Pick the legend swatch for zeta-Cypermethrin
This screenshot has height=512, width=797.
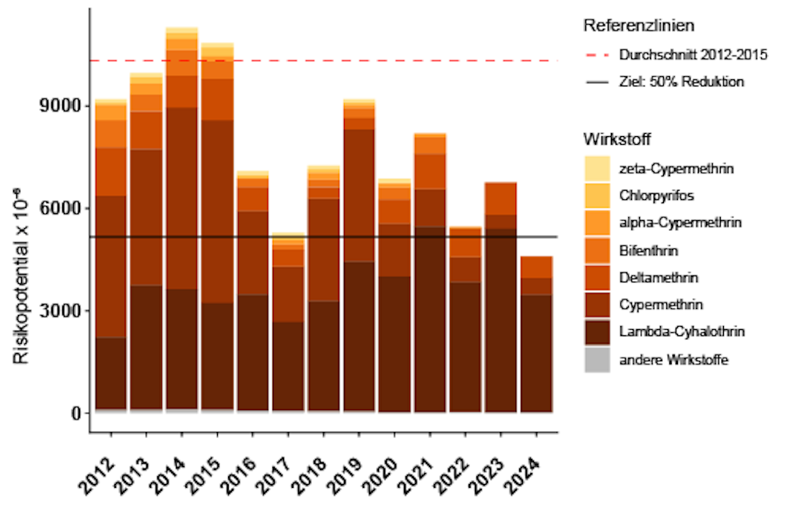597,168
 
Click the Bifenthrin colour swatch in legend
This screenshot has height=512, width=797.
597,250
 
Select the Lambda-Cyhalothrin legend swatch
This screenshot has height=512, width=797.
597,331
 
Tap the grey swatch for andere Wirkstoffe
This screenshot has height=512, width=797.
597,359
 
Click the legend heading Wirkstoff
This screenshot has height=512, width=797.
616,140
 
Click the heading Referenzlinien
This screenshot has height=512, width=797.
638,26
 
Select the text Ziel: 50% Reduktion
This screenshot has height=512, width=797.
681,82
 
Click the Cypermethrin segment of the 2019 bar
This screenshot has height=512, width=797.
359,195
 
